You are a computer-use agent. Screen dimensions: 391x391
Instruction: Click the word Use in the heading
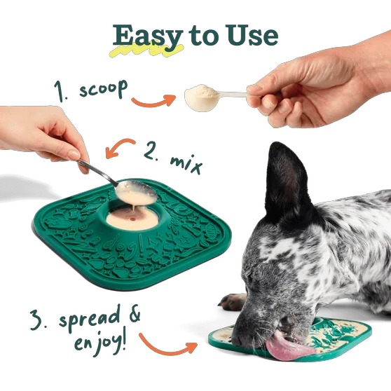tap(250, 35)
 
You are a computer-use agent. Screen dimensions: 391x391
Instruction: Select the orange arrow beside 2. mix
tap(120, 149)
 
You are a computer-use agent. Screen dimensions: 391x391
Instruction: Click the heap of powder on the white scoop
tap(200, 97)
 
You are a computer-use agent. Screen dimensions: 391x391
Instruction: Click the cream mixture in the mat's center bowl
tap(130, 220)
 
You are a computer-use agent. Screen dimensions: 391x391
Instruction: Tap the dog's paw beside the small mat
tap(232, 302)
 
